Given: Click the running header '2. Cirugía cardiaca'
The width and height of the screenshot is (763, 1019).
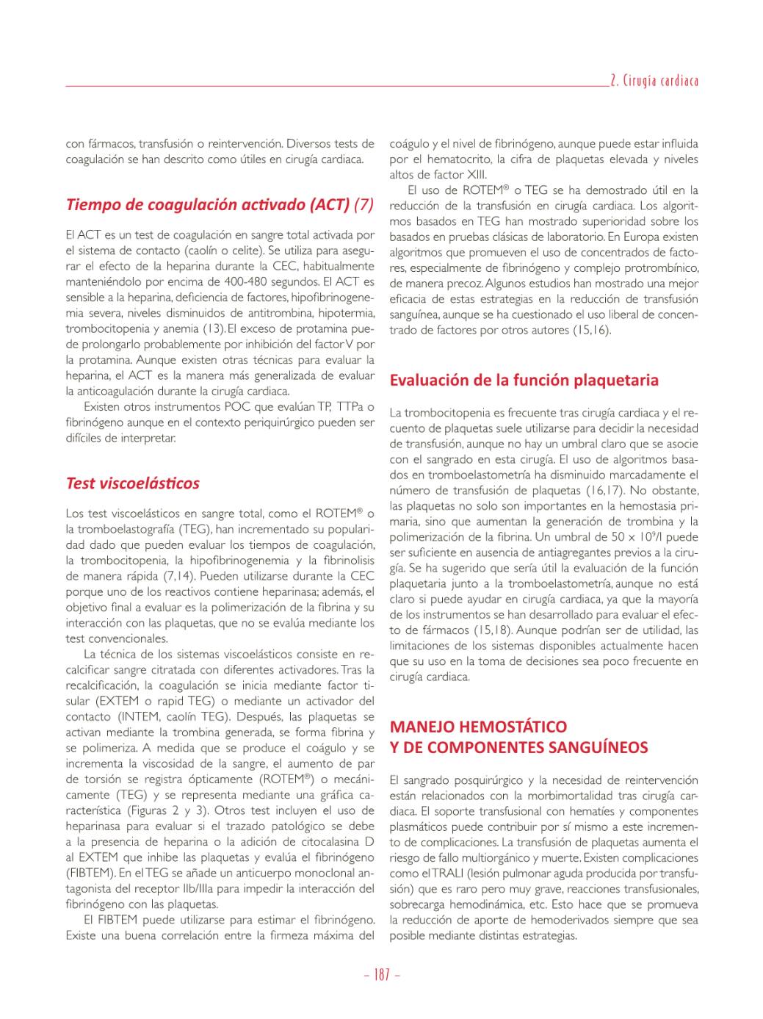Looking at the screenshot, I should coord(654,80).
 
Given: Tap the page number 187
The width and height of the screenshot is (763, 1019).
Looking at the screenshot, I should coord(382,975).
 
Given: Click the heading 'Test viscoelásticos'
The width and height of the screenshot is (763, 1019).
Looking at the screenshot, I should coord(133,483).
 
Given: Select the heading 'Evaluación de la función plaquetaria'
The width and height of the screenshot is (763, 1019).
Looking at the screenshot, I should coord(524,380).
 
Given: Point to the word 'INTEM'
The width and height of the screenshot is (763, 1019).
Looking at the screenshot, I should coord(138,716).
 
